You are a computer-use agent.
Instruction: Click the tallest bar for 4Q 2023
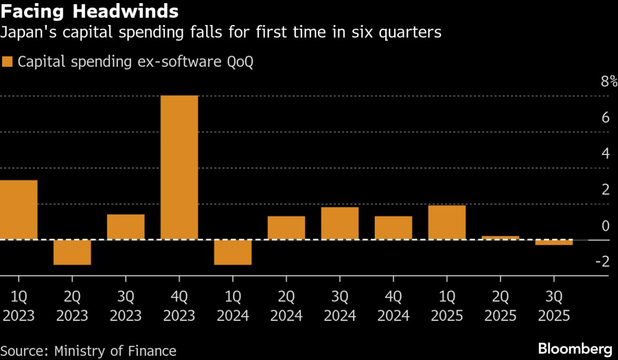tap(179, 167)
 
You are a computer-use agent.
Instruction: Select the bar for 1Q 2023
tap(19, 210)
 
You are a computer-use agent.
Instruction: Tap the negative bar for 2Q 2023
tap(72, 252)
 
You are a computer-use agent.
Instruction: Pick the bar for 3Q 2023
tap(126, 227)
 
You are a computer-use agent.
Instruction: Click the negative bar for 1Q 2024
tap(233, 252)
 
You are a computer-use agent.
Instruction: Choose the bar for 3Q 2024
tap(340, 224)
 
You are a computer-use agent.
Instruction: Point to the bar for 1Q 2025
tap(447, 222)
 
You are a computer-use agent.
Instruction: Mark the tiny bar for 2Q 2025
tap(501, 237)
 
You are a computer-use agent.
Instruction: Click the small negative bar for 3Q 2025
tap(554, 243)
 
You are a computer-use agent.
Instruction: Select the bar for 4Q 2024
tap(393, 228)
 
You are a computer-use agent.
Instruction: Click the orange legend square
tap(7, 62)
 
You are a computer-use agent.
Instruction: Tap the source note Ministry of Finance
tap(89, 351)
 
